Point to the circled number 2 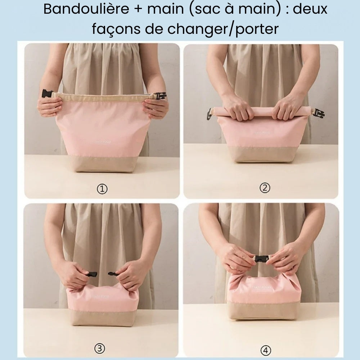(x=265, y=188)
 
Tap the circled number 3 (x=100, y=348)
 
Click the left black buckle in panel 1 (x=47, y=94)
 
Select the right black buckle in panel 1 (x=160, y=96)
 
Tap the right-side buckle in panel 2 (x=318, y=113)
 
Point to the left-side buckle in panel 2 (x=209, y=114)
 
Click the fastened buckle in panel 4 (x=261, y=258)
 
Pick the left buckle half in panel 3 (x=92, y=274)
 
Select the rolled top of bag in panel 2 (x=263, y=111)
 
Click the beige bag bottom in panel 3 (x=103, y=318)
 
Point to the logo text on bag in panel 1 (x=103, y=142)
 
